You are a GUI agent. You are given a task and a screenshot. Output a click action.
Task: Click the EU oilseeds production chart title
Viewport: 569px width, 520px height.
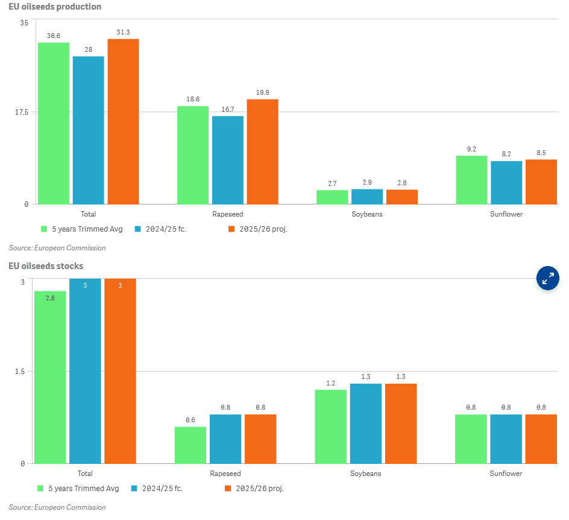click(55, 7)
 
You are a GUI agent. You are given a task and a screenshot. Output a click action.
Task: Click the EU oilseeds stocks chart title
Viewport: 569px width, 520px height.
click(46, 265)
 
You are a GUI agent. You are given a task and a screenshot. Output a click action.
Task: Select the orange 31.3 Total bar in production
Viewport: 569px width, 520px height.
click(123, 121)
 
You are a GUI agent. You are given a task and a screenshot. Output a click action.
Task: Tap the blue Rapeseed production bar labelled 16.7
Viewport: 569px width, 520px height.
click(227, 159)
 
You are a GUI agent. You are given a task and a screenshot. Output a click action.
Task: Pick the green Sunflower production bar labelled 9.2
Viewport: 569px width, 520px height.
click(471, 180)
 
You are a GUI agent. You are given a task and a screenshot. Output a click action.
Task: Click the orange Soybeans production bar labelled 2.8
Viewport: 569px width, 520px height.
click(401, 197)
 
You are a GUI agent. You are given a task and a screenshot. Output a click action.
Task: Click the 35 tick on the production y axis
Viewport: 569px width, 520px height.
click(24, 23)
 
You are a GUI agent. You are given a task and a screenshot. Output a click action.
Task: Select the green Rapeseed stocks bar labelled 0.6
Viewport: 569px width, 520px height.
click(190, 445)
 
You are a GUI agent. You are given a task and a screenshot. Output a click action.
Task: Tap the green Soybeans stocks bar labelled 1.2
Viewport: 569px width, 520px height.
click(331, 426)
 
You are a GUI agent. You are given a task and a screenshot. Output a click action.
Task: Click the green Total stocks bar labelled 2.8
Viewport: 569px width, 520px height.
click(50, 376)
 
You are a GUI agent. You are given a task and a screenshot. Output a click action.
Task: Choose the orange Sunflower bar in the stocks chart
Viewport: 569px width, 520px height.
click(541, 439)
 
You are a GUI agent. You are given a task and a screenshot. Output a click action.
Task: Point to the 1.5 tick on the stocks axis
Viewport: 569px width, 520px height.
click(19, 372)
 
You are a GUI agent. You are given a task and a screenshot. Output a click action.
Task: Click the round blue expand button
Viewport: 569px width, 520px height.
click(547, 278)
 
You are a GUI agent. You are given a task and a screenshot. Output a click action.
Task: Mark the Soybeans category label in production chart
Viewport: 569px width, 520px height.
click(366, 214)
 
